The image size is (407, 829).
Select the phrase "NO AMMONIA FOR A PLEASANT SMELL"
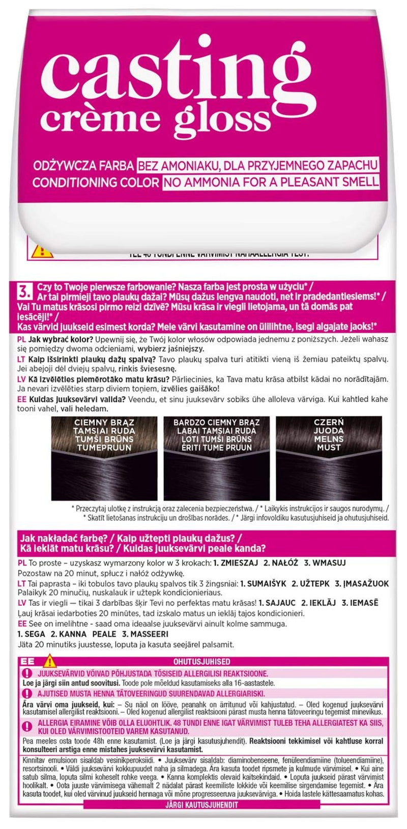point(271,182)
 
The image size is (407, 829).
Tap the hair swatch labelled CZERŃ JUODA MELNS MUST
point(329,458)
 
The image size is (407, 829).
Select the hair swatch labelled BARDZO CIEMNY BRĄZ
point(216,458)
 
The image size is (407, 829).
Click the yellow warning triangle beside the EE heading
point(49,662)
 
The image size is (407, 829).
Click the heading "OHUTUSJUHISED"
point(209,662)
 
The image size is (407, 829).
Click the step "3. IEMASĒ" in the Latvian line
point(360,603)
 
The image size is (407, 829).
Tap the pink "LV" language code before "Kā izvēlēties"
point(22,379)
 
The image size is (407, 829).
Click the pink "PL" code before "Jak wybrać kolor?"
point(22,339)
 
